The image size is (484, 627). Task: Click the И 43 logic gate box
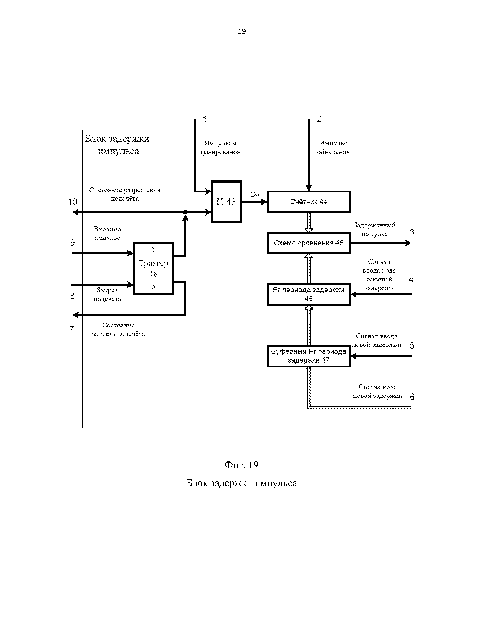[226, 202]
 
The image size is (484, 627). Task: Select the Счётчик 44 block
[308, 202]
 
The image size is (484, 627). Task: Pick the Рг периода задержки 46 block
[308, 294]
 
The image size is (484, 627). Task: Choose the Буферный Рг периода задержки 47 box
[308, 356]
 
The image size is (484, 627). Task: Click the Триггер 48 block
[153, 269]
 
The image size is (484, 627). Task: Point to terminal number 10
[73, 202]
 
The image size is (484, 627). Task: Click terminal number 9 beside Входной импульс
[73, 243]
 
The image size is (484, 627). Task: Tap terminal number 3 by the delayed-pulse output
[412, 232]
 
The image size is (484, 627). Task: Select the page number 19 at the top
[242, 31]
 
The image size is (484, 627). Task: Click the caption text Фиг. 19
[241, 465]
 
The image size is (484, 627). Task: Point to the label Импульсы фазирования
[220, 148]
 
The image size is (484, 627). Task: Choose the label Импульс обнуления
[333, 148]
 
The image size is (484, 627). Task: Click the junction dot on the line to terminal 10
[185, 212]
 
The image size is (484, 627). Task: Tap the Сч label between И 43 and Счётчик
[254, 195]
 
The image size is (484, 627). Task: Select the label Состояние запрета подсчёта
[118, 330]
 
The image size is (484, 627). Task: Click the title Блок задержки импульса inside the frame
[117, 145]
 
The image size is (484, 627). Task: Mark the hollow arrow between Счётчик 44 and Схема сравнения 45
[308, 222]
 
